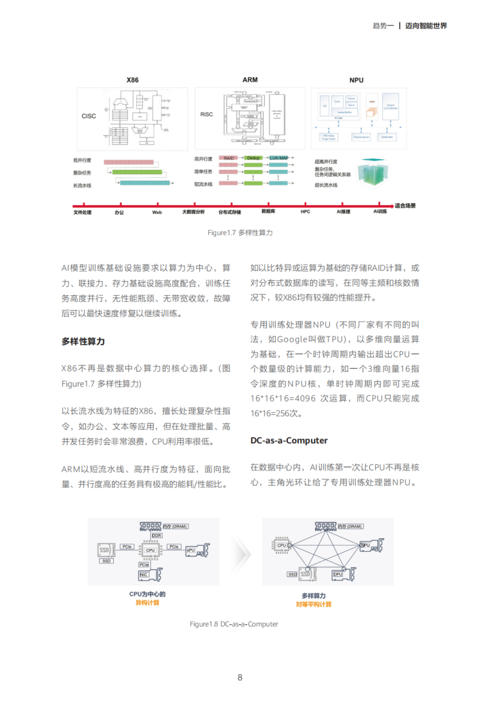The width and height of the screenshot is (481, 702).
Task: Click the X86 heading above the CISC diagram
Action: pyautogui.click(x=133, y=80)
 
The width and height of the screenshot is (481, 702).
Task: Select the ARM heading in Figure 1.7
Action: pyautogui.click(x=250, y=80)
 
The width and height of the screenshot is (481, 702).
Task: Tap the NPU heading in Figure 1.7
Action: pyautogui.click(x=356, y=80)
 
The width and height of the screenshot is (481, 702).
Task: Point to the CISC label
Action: pyautogui.click(x=89, y=114)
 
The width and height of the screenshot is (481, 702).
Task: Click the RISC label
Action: pyautogui.click(x=207, y=114)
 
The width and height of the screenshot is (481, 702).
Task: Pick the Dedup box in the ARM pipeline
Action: pyautogui.click(x=253, y=158)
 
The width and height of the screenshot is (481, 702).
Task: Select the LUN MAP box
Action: pyautogui.click(x=279, y=158)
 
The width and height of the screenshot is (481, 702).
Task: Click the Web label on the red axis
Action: pyautogui.click(x=156, y=213)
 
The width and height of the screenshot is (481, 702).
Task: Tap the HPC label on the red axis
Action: pyautogui.click(x=305, y=213)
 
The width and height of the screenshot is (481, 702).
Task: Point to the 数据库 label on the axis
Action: pyautogui.click(x=268, y=213)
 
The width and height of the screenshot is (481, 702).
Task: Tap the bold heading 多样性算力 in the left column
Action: pyautogui.click(x=83, y=341)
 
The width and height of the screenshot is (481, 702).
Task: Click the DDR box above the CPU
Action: pyautogui.click(x=156, y=535)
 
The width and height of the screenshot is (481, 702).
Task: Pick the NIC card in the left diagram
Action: pyautogui.click(x=145, y=575)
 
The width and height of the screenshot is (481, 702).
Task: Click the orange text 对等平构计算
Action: pyautogui.click(x=314, y=604)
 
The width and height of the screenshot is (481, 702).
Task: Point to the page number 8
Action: pyautogui.click(x=240, y=677)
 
